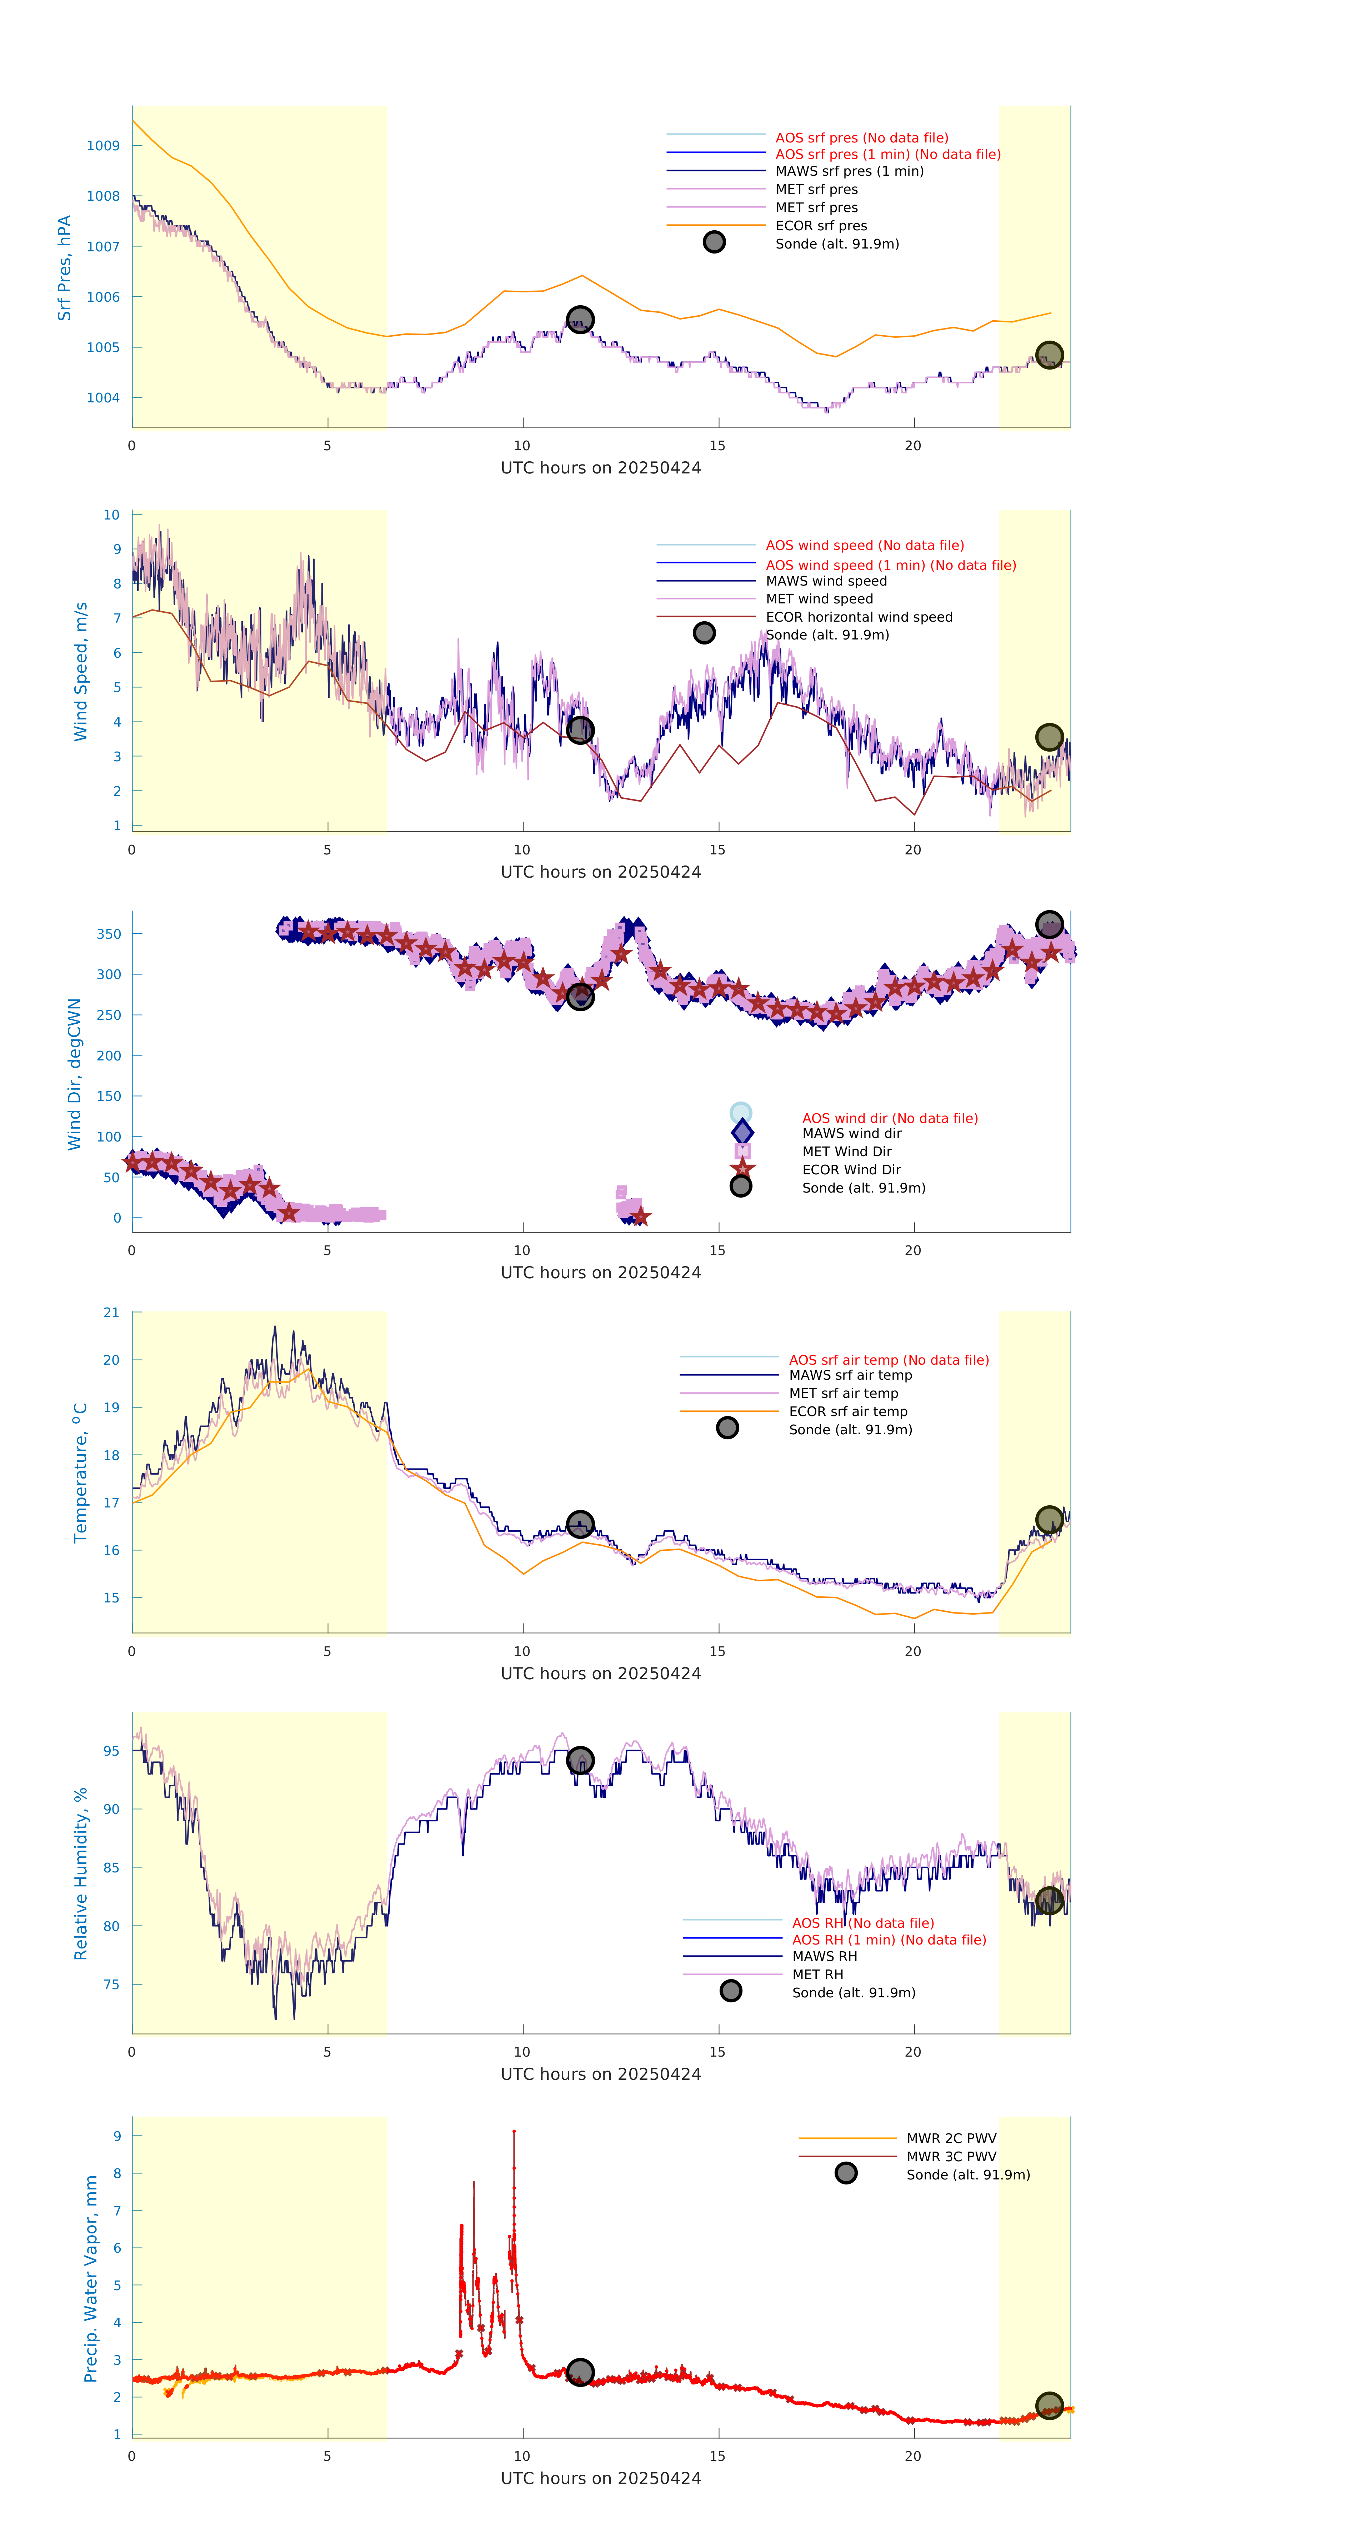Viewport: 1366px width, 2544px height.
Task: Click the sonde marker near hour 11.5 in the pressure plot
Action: click(580, 319)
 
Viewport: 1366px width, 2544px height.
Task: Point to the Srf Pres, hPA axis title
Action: click(64, 268)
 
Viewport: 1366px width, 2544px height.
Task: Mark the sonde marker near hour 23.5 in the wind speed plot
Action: click(1049, 737)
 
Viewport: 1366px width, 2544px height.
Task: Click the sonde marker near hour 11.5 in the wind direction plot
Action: click(580, 997)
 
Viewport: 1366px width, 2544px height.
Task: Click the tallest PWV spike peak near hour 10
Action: click(514, 2132)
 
